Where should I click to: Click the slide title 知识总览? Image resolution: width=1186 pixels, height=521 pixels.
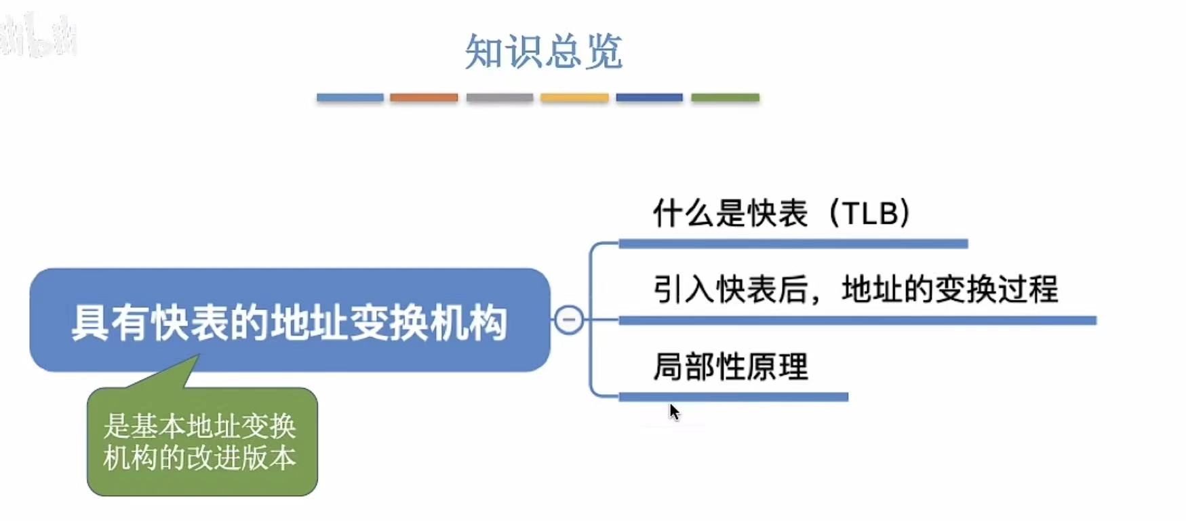pyautogui.click(x=543, y=52)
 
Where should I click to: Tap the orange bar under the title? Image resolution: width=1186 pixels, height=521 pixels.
pyautogui.click(x=424, y=98)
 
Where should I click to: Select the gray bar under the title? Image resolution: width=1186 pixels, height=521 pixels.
pyautogui.click(x=499, y=98)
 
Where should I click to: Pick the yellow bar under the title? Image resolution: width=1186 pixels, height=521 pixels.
pyautogui.click(x=574, y=98)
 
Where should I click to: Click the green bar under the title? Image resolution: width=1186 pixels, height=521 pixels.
pyautogui.click(x=725, y=98)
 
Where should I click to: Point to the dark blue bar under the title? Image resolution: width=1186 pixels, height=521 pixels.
pyautogui.click(x=649, y=98)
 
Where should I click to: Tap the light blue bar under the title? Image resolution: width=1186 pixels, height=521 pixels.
pyautogui.click(x=350, y=98)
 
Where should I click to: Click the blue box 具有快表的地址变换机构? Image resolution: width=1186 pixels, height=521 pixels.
pyautogui.click(x=290, y=320)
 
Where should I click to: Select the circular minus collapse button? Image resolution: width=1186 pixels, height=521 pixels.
pyautogui.click(x=569, y=320)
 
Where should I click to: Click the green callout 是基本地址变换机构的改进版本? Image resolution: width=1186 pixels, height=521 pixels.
pyautogui.click(x=201, y=442)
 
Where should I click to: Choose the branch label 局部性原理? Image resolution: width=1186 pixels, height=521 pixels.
pyautogui.click(x=730, y=367)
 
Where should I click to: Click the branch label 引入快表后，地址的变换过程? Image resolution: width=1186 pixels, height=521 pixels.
pyautogui.click(x=855, y=290)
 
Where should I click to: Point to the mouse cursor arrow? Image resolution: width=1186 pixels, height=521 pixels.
pyautogui.click(x=673, y=411)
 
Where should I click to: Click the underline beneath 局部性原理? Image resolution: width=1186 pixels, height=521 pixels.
pyautogui.click(x=733, y=397)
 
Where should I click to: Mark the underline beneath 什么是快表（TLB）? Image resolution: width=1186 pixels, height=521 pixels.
pyautogui.click(x=793, y=244)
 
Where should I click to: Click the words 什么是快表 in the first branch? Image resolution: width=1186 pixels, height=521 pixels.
pyautogui.click(x=730, y=213)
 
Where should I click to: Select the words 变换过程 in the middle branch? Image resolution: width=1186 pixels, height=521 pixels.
pyautogui.click(x=996, y=290)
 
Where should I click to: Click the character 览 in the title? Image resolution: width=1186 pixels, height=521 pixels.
pyautogui.click(x=604, y=52)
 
